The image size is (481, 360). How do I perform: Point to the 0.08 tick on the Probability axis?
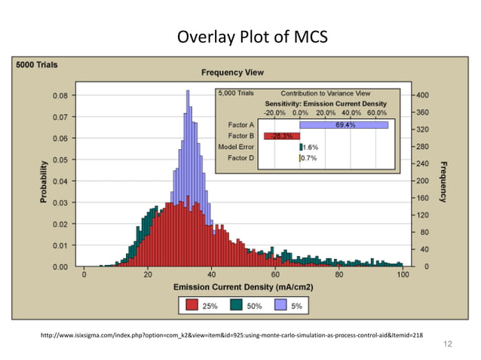[62, 96]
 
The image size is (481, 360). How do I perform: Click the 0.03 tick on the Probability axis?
[62, 203]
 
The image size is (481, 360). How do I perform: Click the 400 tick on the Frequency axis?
[422, 96]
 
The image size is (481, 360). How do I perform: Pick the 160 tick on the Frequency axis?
[422, 198]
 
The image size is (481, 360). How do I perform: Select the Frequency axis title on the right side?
[443, 181]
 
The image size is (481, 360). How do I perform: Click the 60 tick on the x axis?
[275, 275]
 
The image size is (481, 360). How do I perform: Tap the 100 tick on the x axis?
[403, 275]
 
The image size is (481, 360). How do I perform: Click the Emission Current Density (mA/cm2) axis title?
[243, 288]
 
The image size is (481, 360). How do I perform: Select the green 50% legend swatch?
[236, 305]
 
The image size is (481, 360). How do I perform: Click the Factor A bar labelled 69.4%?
[344, 125]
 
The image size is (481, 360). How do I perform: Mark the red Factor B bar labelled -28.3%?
[282, 136]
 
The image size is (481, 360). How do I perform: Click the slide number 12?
[449, 344]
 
